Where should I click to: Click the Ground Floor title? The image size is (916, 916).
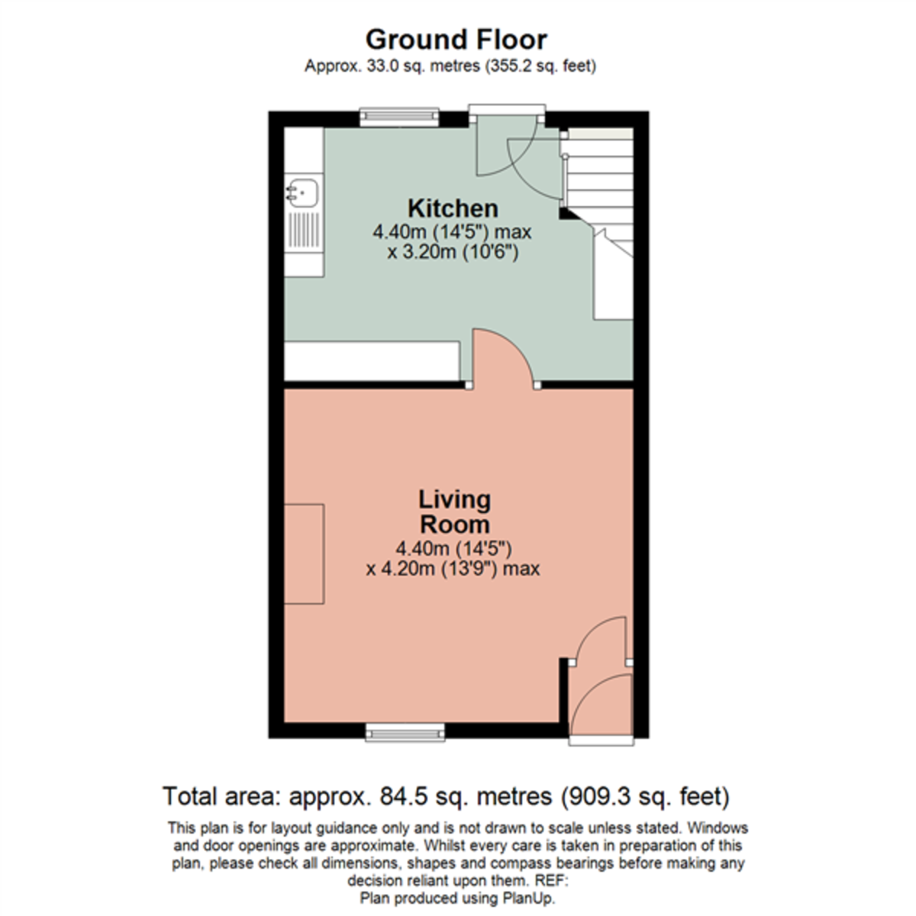[x=456, y=39]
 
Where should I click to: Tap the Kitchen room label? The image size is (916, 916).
[x=453, y=208]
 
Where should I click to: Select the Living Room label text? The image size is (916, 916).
[x=454, y=511]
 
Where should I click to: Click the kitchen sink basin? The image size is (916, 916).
[x=302, y=191]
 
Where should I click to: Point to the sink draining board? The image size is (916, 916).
[x=303, y=228]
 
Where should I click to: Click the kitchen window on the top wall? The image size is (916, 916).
[x=400, y=117]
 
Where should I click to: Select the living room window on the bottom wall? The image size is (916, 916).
[x=405, y=734]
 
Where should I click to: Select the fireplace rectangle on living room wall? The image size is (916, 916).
[x=304, y=553]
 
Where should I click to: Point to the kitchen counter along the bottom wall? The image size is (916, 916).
[x=372, y=360]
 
